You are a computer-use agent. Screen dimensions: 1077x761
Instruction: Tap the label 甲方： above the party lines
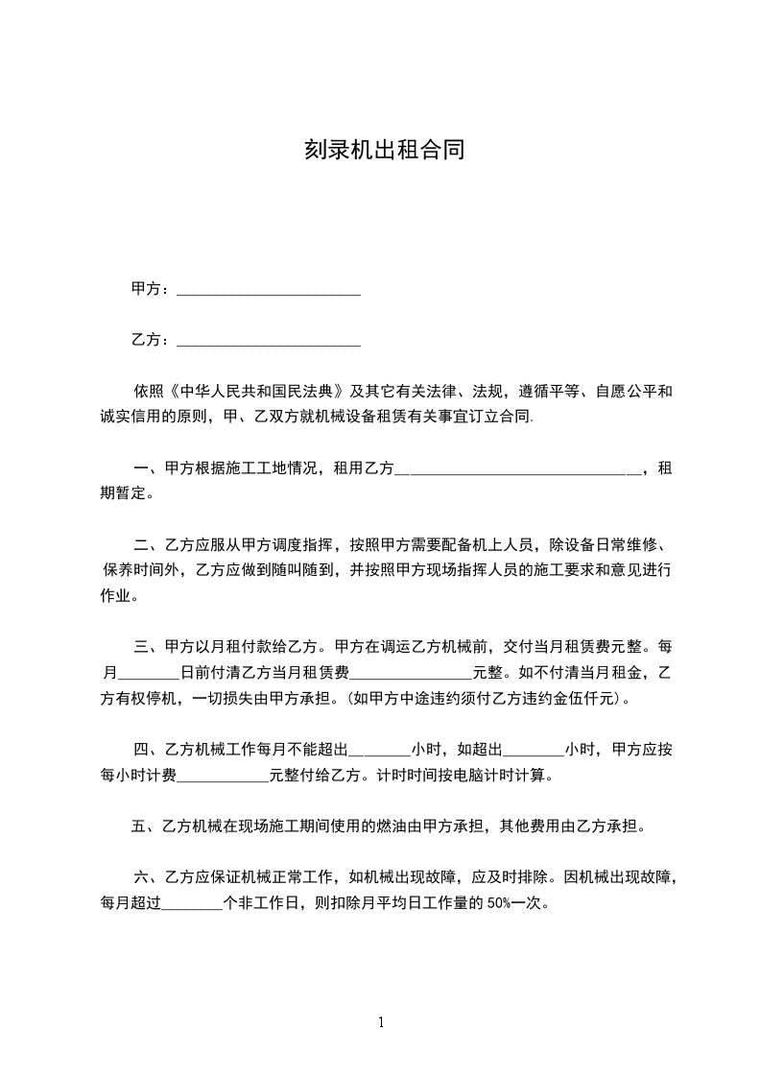pos(152,289)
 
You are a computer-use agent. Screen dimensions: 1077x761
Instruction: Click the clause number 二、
pos(149,542)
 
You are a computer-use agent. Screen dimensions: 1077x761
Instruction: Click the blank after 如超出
pos(533,749)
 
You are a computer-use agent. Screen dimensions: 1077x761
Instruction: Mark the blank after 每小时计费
pos(224,775)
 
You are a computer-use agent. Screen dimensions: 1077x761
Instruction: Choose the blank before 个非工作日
pos(192,903)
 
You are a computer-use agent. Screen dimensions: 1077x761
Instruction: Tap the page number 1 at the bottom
pos(381,1023)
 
